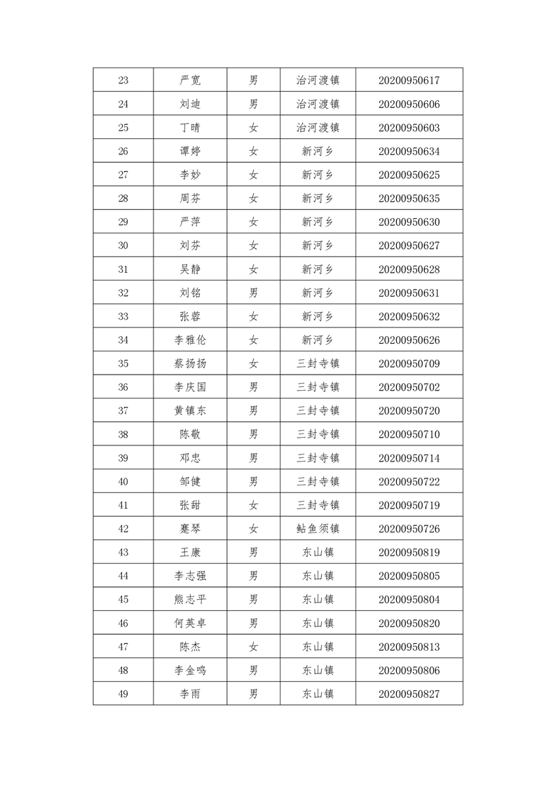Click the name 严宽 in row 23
click(x=190, y=81)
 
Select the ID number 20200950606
click(x=409, y=105)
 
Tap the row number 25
click(x=123, y=128)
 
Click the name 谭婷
click(x=190, y=152)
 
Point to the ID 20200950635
click(x=409, y=199)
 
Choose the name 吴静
click(x=190, y=269)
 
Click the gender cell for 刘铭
click(x=254, y=293)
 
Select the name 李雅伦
click(x=190, y=340)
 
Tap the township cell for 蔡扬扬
click(x=318, y=364)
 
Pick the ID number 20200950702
click(x=409, y=387)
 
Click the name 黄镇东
click(x=190, y=411)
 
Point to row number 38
click(x=123, y=435)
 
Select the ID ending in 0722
click(x=409, y=482)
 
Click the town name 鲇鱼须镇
click(x=318, y=529)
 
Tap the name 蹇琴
click(x=190, y=529)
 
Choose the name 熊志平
click(x=190, y=600)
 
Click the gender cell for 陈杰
click(x=254, y=647)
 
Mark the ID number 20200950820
click(x=409, y=623)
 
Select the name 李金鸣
click(x=190, y=671)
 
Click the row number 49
click(x=123, y=694)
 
